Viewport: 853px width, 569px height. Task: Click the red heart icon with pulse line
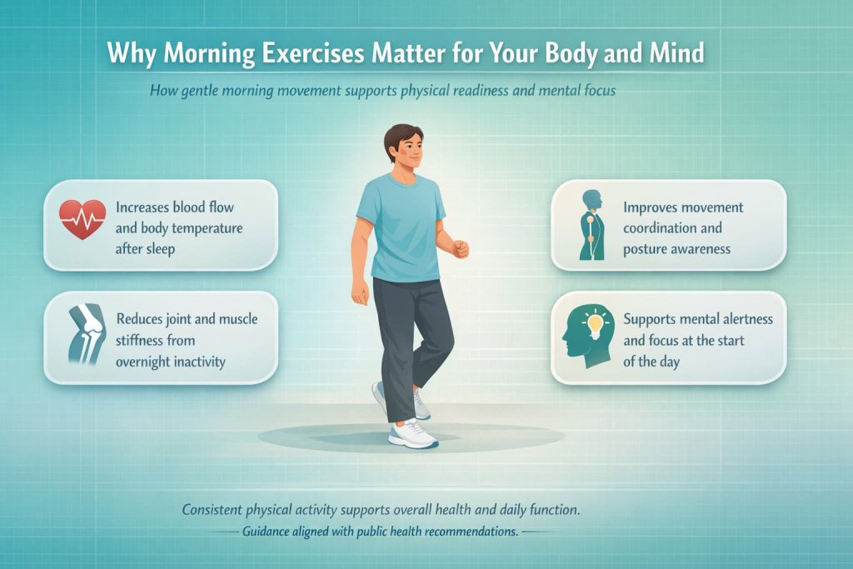(x=82, y=220)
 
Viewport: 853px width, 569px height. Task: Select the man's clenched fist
(x=460, y=248)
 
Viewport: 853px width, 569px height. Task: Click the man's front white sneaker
(x=412, y=434)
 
